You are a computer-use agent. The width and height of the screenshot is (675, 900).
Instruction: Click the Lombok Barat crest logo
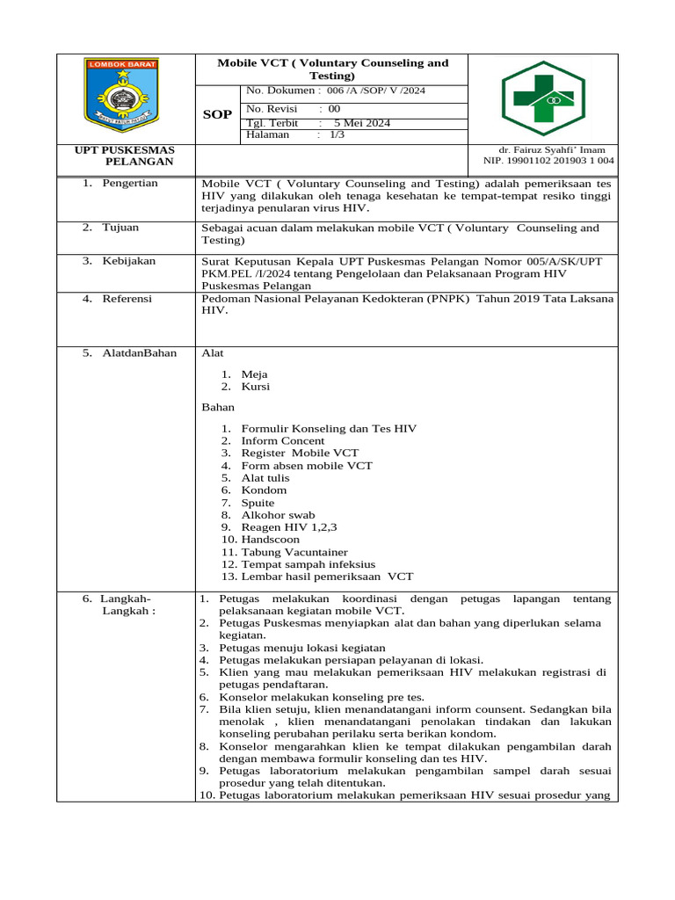pyautogui.click(x=123, y=94)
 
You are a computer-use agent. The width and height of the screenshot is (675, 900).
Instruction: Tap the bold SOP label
pyautogui.click(x=218, y=115)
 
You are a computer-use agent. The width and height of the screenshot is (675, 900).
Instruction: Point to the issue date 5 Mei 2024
pyautogui.click(x=367, y=123)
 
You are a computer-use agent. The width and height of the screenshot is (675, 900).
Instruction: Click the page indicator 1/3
pyautogui.click(x=337, y=135)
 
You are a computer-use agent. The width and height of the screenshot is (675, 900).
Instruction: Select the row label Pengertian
pyautogui.click(x=130, y=183)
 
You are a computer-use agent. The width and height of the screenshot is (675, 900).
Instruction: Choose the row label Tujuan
pyautogui.click(x=121, y=228)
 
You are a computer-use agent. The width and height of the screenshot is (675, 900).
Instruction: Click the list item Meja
pyautogui.click(x=255, y=374)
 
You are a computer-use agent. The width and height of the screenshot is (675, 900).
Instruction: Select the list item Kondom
pyautogui.click(x=264, y=490)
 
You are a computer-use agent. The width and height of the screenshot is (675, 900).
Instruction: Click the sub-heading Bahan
pyautogui.click(x=218, y=408)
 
